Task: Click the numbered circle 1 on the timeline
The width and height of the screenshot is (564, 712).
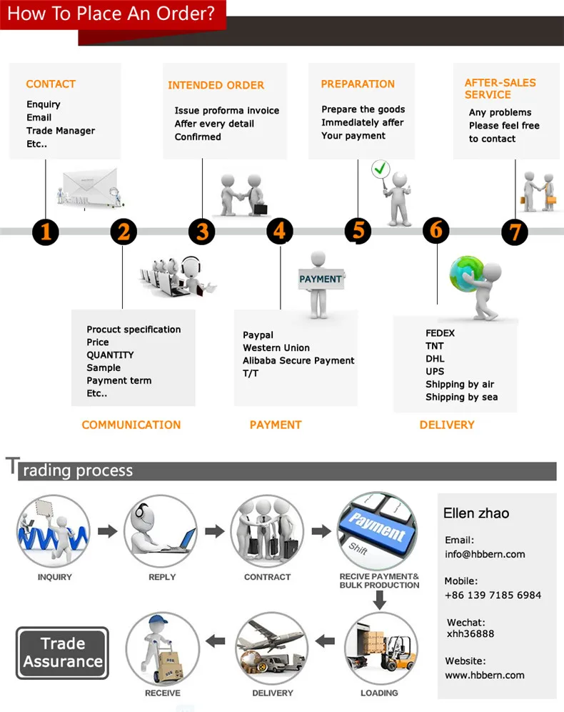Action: click(46, 232)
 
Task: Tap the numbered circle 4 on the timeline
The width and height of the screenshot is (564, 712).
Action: click(280, 231)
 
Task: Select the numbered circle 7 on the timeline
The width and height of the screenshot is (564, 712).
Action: click(515, 232)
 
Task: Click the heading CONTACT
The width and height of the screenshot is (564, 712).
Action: click(51, 84)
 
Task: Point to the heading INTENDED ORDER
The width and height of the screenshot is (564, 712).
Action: click(216, 85)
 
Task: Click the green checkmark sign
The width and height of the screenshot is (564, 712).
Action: click(381, 170)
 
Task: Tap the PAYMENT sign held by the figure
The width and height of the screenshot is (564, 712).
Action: click(321, 279)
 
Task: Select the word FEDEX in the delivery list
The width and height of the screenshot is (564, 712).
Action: click(440, 333)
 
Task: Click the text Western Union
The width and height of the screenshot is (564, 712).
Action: click(276, 348)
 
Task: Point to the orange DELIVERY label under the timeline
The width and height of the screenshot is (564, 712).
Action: click(447, 425)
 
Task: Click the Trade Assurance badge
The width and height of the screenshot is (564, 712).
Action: click(63, 653)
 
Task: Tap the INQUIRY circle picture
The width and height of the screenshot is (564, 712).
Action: click(54, 532)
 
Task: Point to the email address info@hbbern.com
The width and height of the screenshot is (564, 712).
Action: click(485, 554)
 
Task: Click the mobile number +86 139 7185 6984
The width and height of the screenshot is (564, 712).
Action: click(493, 595)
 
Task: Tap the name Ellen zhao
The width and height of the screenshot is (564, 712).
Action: click(476, 513)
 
